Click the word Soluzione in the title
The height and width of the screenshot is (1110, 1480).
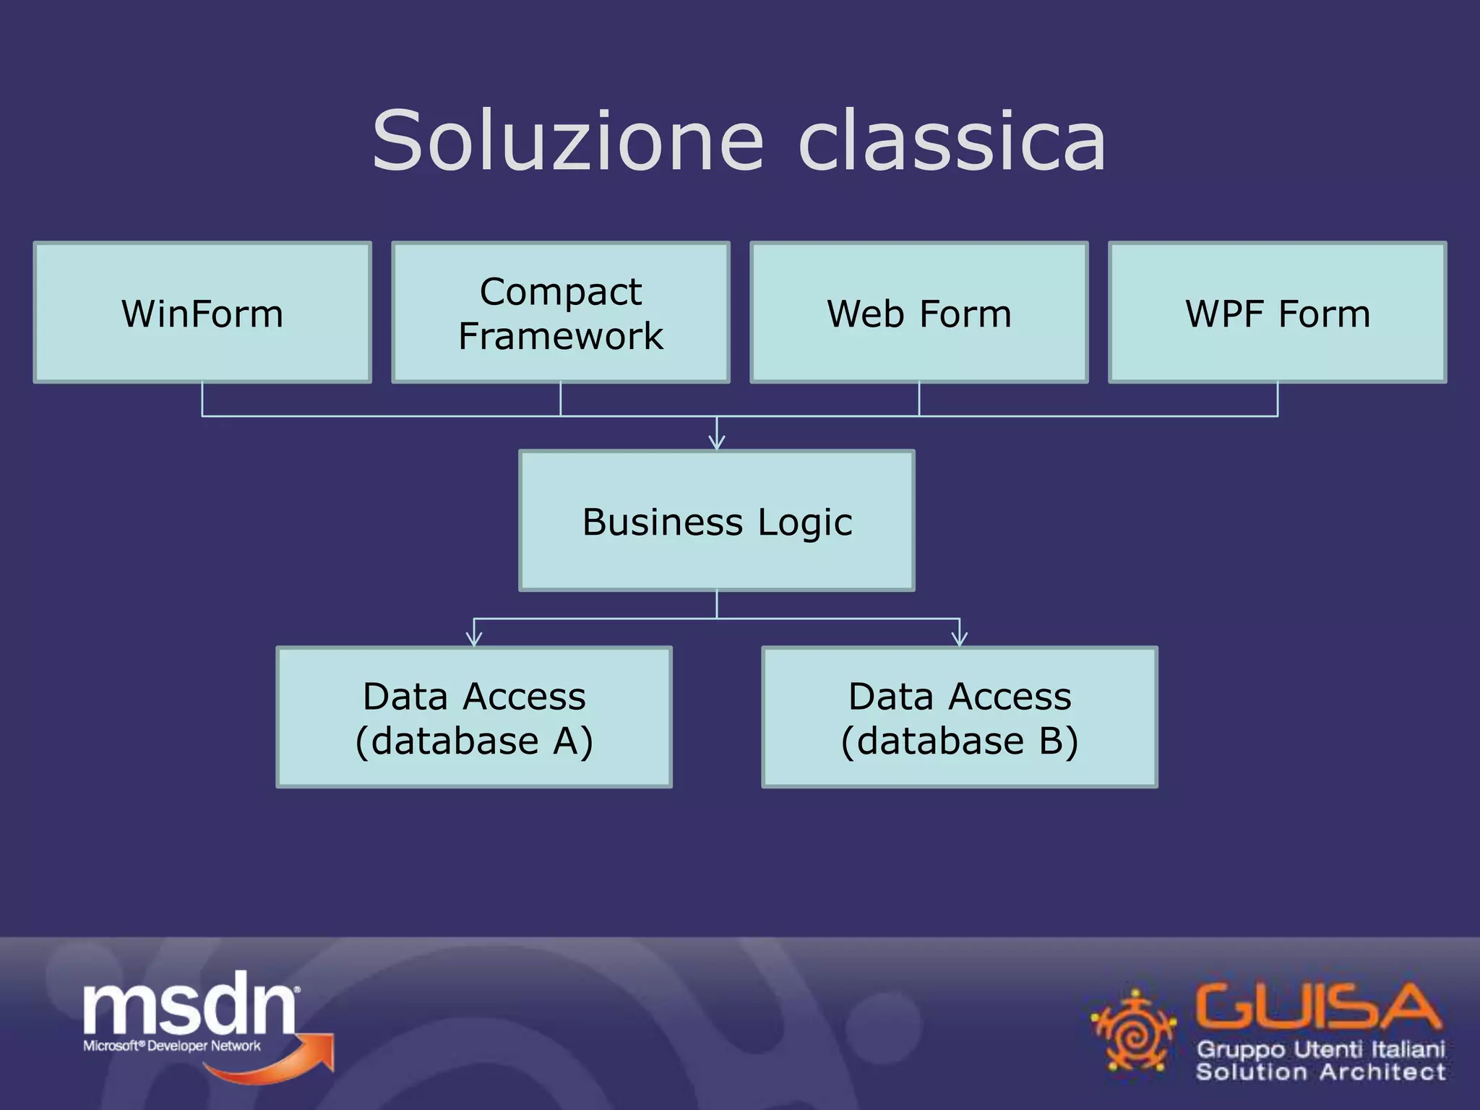point(567,141)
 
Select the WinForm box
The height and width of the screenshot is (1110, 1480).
point(202,312)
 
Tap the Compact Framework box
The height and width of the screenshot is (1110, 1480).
point(560,312)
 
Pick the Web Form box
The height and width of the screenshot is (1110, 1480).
point(918,312)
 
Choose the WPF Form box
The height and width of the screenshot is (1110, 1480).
point(1277,312)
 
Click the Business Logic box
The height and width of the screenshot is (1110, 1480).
point(717,521)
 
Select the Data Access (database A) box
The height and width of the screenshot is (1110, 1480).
point(474,717)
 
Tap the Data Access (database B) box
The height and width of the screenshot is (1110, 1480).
point(960,717)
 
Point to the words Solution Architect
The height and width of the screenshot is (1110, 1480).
point(1320,1071)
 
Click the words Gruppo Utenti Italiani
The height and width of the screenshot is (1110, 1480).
point(1320,1049)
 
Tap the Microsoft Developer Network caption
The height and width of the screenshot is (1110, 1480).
point(172,1046)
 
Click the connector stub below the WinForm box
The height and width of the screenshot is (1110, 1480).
point(202,399)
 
